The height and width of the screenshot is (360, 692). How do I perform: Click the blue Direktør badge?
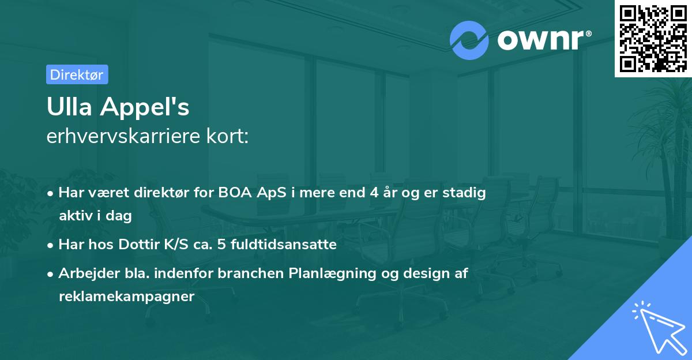click(x=77, y=74)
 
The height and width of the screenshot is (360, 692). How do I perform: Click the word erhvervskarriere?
click(x=123, y=136)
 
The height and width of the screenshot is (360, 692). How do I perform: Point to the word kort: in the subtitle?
click(x=227, y=136)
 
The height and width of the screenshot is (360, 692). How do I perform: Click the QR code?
click(x=653, y=39)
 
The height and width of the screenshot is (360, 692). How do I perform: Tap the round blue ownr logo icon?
click(x=469, y=40)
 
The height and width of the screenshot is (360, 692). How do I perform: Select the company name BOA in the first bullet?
click(x=235, y=192)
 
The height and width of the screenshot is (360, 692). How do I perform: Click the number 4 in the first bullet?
click(x=374, y=192)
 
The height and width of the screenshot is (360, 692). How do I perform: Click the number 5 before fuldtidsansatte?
click(x=221, y=244)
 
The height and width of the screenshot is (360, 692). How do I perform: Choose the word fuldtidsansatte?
click(x=284, y=244)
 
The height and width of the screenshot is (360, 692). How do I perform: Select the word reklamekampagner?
click(x=127, y=297)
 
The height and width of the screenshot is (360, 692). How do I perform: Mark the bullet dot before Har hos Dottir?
click(x=50, y=246)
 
